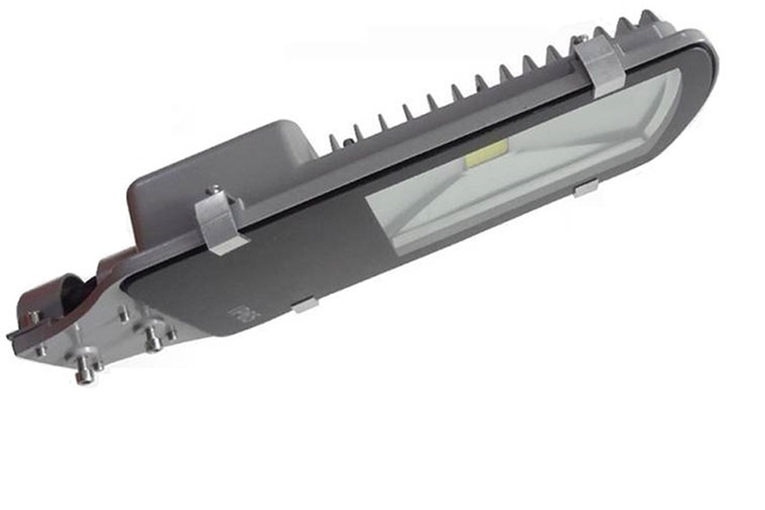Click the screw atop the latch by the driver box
coord(212,190)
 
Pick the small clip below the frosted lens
coord(586,189)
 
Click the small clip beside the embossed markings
coord(304,304)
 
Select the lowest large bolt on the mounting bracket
coord(86,371)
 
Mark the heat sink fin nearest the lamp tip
coord(650,20)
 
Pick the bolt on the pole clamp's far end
coord(33,318)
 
